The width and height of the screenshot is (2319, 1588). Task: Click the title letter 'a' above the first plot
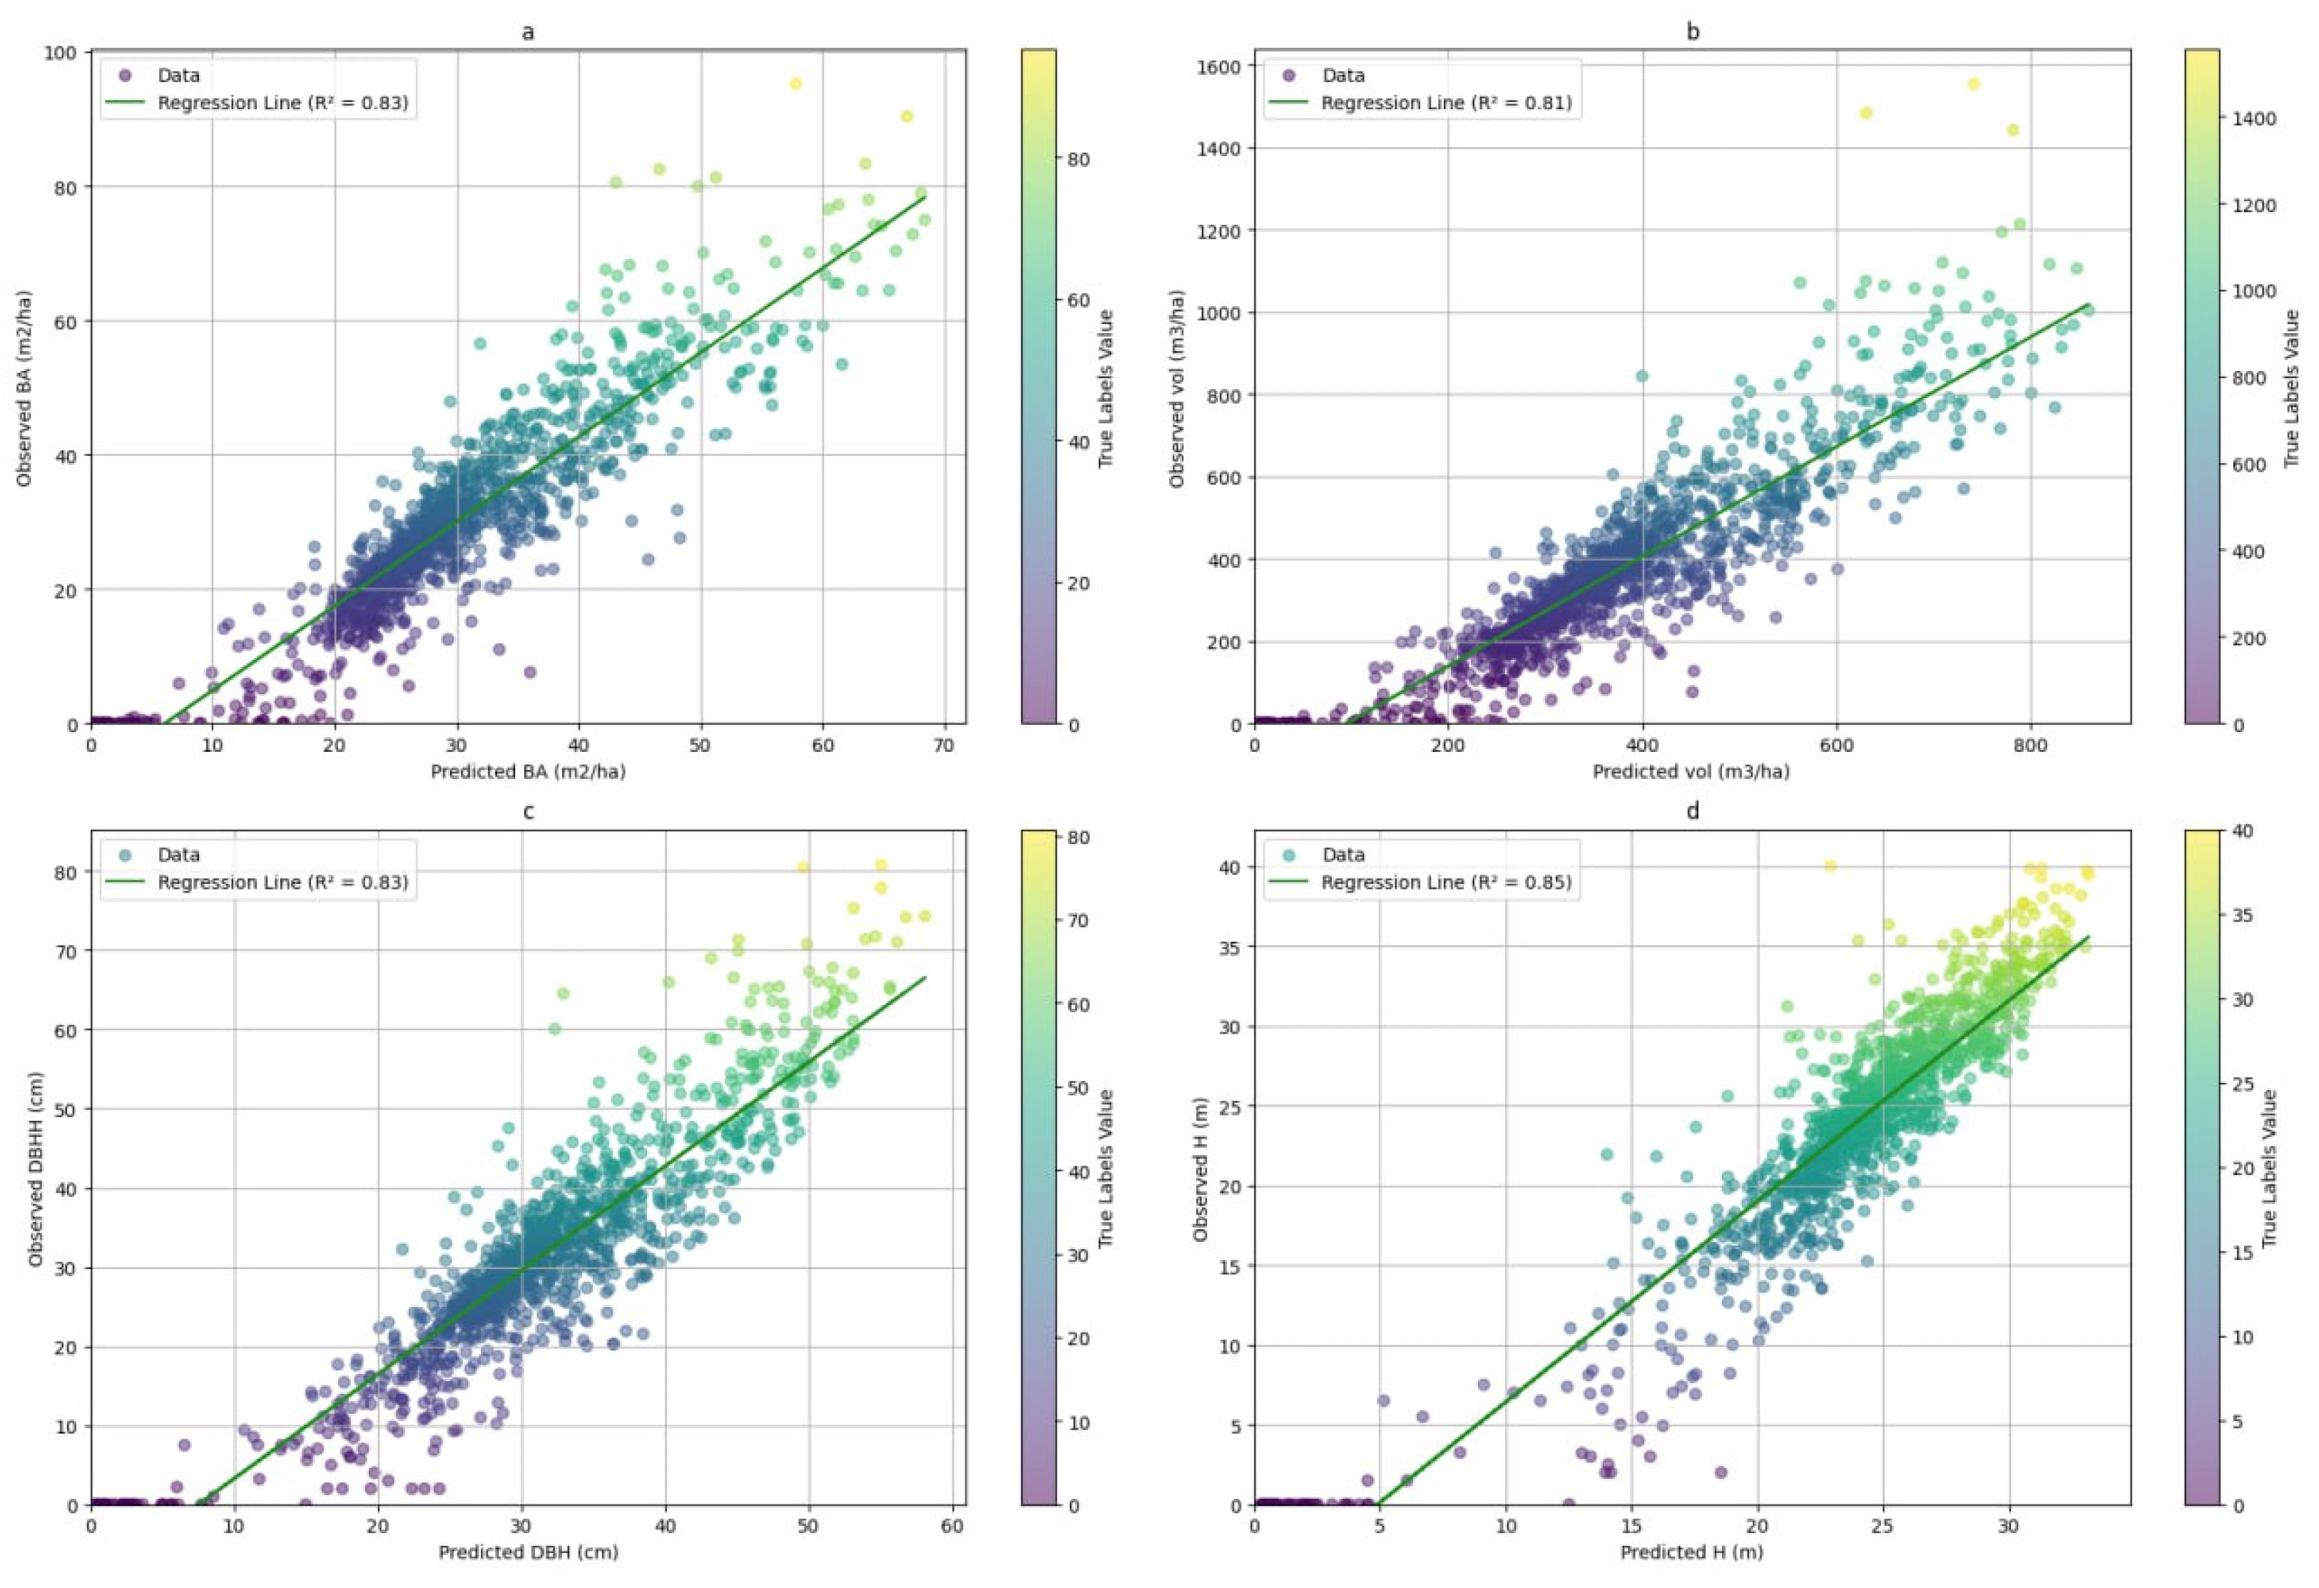click(528, 32)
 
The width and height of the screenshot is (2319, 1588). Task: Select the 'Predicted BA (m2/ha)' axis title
click(528, 772)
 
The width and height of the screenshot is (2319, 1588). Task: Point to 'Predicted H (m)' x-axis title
click(1691, 1552)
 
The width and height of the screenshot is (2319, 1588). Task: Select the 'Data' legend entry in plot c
click(178, 855)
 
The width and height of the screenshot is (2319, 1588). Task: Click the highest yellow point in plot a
click(795, 84)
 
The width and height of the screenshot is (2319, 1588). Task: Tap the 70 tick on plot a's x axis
click(944, 745)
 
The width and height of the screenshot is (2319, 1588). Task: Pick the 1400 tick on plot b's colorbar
click(2254, 118)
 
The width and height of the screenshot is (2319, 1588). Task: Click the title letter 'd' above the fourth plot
click(1693, 811)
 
